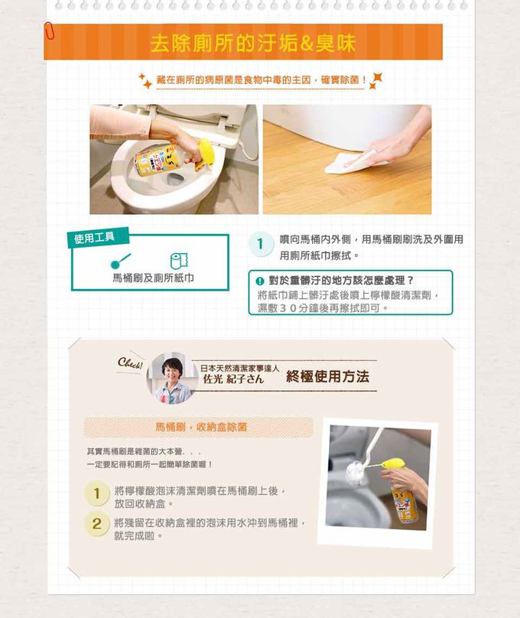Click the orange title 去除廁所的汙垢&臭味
point(253,43)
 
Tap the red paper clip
point(49,31)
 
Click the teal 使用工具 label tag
point(98,237)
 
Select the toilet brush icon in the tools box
point(121,261)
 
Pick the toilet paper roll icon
point(179,261)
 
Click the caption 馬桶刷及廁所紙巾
point(153,278)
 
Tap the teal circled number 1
point(261,243)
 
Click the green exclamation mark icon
point(259,281)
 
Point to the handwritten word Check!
point(130,363)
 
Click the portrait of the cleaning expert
point(172,379)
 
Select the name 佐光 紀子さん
point(233,379)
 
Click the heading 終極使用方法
point(328,376)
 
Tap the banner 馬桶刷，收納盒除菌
point(201,427)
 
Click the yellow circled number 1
point(96,493)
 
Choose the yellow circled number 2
point(96,524)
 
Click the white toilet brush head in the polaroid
point(356,473)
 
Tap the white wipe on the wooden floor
point(353,162)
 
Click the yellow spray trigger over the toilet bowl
point(206,151)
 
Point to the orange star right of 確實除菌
point(375,80)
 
